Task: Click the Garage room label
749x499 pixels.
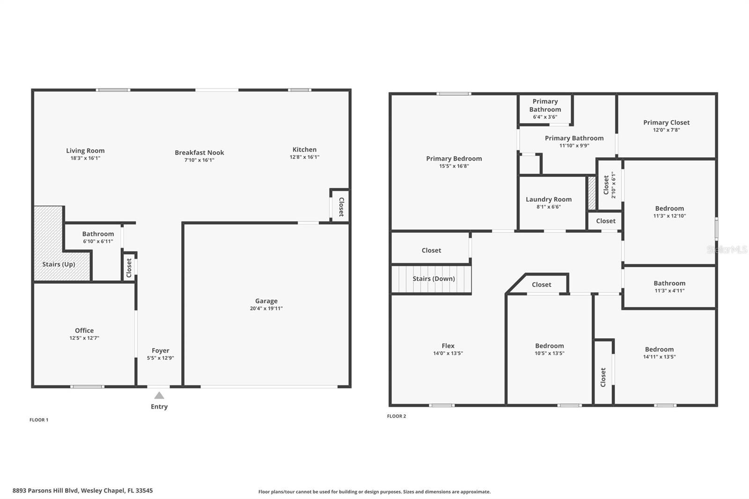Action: click(266, 301)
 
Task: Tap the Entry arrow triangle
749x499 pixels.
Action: click(159, 396)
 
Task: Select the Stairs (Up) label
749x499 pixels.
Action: click(59, 264)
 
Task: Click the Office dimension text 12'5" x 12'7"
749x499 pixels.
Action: click(84, 338)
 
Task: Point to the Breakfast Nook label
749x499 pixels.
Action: click(199, 153)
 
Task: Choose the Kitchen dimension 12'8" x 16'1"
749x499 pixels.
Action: click(304, 157)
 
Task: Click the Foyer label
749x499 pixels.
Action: click(161, 351)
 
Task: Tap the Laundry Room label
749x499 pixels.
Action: click(549, 199)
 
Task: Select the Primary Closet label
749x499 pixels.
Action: click(666, 123)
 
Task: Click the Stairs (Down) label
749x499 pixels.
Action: click(433, 279)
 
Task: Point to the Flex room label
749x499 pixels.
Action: click(448, 346)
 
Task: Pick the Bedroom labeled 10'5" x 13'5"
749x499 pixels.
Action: click(550, 346)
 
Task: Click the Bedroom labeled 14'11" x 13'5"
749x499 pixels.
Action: click(659, 349)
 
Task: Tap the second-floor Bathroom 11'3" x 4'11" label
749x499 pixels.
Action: click(669, 283)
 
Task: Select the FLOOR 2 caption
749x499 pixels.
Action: click(397, 416)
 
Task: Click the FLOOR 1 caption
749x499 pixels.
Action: click(39, 420)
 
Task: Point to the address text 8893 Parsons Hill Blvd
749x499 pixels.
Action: click(82, 491)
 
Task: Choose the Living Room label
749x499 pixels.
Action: click(85, 151)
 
